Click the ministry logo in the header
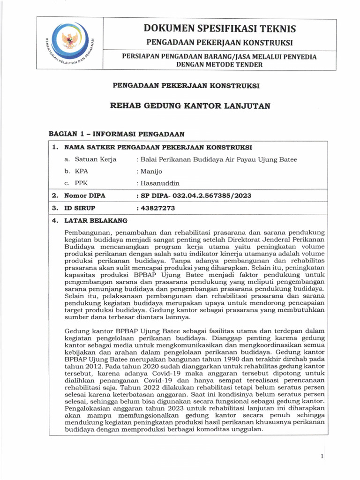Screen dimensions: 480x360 tap(72, 45)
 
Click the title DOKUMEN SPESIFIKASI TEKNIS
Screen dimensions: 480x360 tap(220, 29)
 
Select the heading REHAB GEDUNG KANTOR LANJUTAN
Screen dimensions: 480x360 tap(190, 106)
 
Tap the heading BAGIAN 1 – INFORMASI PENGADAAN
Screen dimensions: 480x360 tap(117, 134)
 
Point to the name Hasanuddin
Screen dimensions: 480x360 tap(159, 183)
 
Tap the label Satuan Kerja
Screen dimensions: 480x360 tap(96, 159)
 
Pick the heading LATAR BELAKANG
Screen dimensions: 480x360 tap(96, 220)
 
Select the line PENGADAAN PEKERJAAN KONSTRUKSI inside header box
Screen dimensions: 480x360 tap(220, 43)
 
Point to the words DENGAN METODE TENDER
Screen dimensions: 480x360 tap(219, 65)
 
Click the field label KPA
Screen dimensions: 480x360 tap(82, 172)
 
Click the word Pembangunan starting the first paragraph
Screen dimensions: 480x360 tap(87, 232)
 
